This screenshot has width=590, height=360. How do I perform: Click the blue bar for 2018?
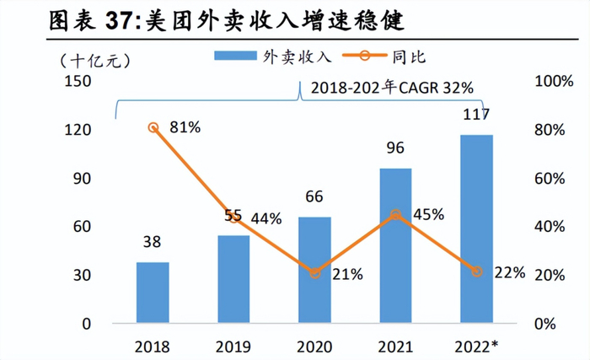pos(153,293)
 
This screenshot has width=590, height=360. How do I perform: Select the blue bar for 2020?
pos(315,270)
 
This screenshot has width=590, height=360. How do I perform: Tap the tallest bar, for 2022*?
pos(477,228)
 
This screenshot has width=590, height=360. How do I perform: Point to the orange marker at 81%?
pos(153,127)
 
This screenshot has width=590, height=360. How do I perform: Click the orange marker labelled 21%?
pos(315,273)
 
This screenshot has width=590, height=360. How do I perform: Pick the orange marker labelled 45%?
pos(396,215)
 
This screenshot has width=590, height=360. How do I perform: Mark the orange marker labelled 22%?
pos(477,271)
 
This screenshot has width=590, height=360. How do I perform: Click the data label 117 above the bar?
pos(477,114)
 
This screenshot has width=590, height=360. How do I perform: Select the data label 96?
pos(396,148)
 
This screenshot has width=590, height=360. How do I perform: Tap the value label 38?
pos(153,243)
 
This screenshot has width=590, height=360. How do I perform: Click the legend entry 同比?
pos(405,56)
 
